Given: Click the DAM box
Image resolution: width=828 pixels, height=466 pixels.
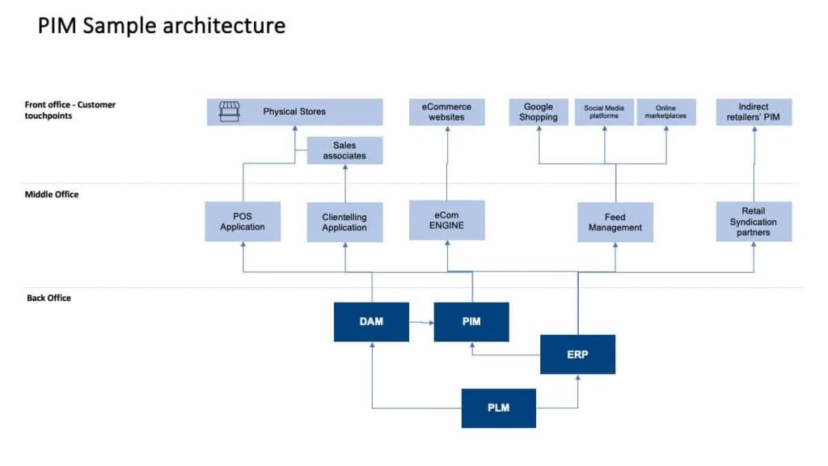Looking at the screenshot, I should coord(371,322).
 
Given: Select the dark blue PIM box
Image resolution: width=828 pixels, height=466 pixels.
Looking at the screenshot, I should coord(471,322).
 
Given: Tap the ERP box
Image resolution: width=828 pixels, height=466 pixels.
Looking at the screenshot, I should coord(577,354).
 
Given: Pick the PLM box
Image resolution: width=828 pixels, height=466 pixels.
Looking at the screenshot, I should coord(498,408).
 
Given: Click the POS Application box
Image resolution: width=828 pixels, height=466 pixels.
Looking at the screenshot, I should coord(243,222).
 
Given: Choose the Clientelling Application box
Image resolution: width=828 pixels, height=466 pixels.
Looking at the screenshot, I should coord(344,222).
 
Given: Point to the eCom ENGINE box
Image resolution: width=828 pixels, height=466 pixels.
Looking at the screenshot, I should coord(447,220).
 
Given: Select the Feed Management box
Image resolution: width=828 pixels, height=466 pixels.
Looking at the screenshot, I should coord(615,222).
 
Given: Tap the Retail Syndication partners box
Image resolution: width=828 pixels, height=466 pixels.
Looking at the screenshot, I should coord(754,222).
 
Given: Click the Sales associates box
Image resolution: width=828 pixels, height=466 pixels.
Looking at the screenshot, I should coord(344,150).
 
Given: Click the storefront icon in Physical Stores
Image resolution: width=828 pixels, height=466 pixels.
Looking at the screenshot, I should coord(230,112).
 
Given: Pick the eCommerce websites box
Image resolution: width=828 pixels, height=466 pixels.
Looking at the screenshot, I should coord(447,112).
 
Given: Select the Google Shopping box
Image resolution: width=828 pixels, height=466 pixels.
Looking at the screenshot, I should coord(539,112).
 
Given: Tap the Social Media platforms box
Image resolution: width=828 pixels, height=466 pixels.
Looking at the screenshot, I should coord(604,112).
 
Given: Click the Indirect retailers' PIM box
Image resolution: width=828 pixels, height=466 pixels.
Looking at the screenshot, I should coord(754,112).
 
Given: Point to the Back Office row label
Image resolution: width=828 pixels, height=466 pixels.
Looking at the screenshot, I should coord(49,298).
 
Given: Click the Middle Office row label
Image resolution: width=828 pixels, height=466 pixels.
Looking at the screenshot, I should coord(52,194).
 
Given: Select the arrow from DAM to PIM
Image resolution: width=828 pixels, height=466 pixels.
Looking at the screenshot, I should coord(420,322).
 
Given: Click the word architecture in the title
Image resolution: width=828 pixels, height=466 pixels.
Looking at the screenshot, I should coord(224,26).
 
